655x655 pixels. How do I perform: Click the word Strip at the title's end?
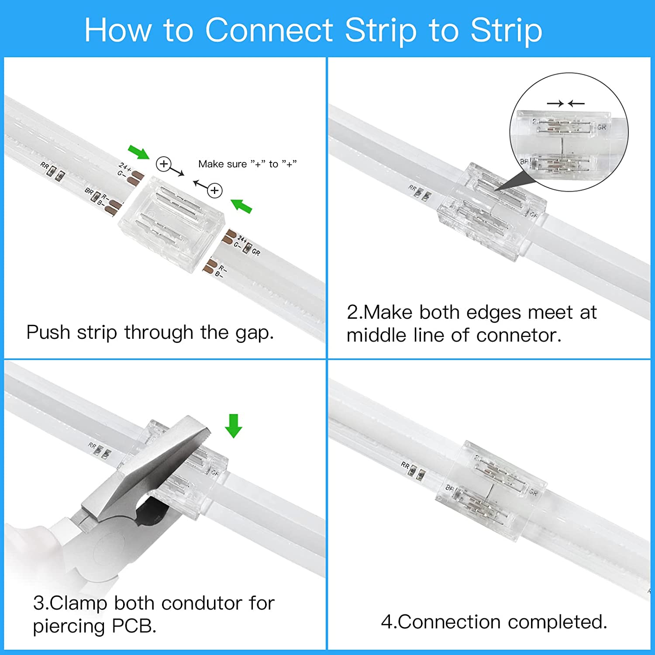point(506,30)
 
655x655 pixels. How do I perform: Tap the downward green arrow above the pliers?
point(234,426)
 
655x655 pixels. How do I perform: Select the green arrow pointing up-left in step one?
point(241,205)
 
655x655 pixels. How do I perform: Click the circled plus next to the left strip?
point(163,164)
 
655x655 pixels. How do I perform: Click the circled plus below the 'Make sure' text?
point(214,191)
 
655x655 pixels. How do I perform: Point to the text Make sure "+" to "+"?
point(247,164)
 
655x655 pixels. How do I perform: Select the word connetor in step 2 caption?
point(518,335)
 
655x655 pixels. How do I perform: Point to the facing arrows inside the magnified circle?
point(565,103)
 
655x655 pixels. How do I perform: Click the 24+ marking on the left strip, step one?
point(124,167)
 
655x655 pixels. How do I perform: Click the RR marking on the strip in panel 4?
point(405,465)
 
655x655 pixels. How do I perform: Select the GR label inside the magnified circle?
point(602,127)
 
